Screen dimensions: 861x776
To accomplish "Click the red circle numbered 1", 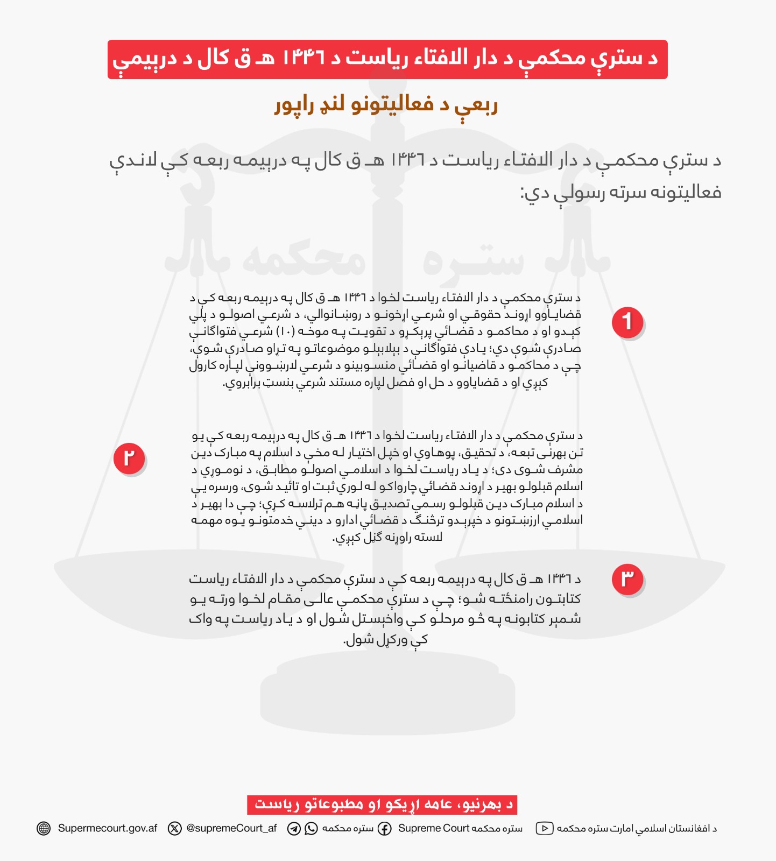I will click(x=627, y=322).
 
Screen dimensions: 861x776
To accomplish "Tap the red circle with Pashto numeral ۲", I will click(x=129, y=458).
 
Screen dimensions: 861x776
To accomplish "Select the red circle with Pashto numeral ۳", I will click(x=627, y=579).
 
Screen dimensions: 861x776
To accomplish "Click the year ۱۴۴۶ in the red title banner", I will click(x=304, y=58).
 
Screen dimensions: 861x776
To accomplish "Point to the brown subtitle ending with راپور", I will click(x=386, y=104).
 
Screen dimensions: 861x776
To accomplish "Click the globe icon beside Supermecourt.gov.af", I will click(x=44, y=828).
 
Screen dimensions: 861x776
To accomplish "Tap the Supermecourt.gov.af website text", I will click(x=108, y=828).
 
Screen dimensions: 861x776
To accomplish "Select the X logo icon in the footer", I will click(x=175, y=828).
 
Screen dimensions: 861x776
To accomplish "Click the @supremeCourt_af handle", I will click(x=231, y=828).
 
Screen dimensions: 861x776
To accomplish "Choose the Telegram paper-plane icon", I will click(x=294, y=828).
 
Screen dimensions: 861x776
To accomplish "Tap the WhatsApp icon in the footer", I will click(x=311, y=828).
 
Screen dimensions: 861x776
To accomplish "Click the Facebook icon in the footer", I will click(x=384, y=828).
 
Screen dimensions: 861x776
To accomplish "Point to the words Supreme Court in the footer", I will click(x=434, y=828).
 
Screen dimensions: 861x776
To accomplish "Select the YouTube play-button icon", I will click(x=544, y=828).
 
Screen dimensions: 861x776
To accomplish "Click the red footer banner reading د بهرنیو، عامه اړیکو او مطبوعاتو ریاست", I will click(x=383, y=804).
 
